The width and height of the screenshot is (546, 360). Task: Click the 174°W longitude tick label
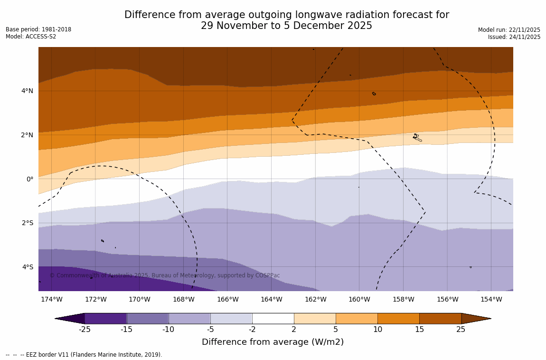(51, 299)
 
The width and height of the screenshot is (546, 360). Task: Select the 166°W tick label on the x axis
(227, 299)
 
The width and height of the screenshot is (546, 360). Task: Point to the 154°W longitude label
(491, 299)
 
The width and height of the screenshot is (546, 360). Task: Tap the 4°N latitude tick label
(27, 91)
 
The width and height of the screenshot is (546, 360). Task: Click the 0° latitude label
(30, 179)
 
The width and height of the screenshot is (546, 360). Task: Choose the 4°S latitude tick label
(27, 267)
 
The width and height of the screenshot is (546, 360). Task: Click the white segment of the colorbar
(273, 318)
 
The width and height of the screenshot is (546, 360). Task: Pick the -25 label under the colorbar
(85, 330)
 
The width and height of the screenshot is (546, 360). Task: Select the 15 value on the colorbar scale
(419, 330)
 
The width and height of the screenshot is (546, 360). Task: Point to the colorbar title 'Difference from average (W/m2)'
(273, 342)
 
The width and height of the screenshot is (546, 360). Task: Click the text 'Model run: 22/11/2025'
(509, 30)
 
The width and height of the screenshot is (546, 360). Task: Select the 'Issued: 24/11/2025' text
(514, 37)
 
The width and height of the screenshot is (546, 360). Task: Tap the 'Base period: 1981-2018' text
(38, 29)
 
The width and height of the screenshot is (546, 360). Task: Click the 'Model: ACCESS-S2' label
(31, 37)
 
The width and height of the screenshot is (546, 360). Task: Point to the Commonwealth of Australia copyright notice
(165, 275)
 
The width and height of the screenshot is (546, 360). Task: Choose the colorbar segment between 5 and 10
(357, 318)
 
